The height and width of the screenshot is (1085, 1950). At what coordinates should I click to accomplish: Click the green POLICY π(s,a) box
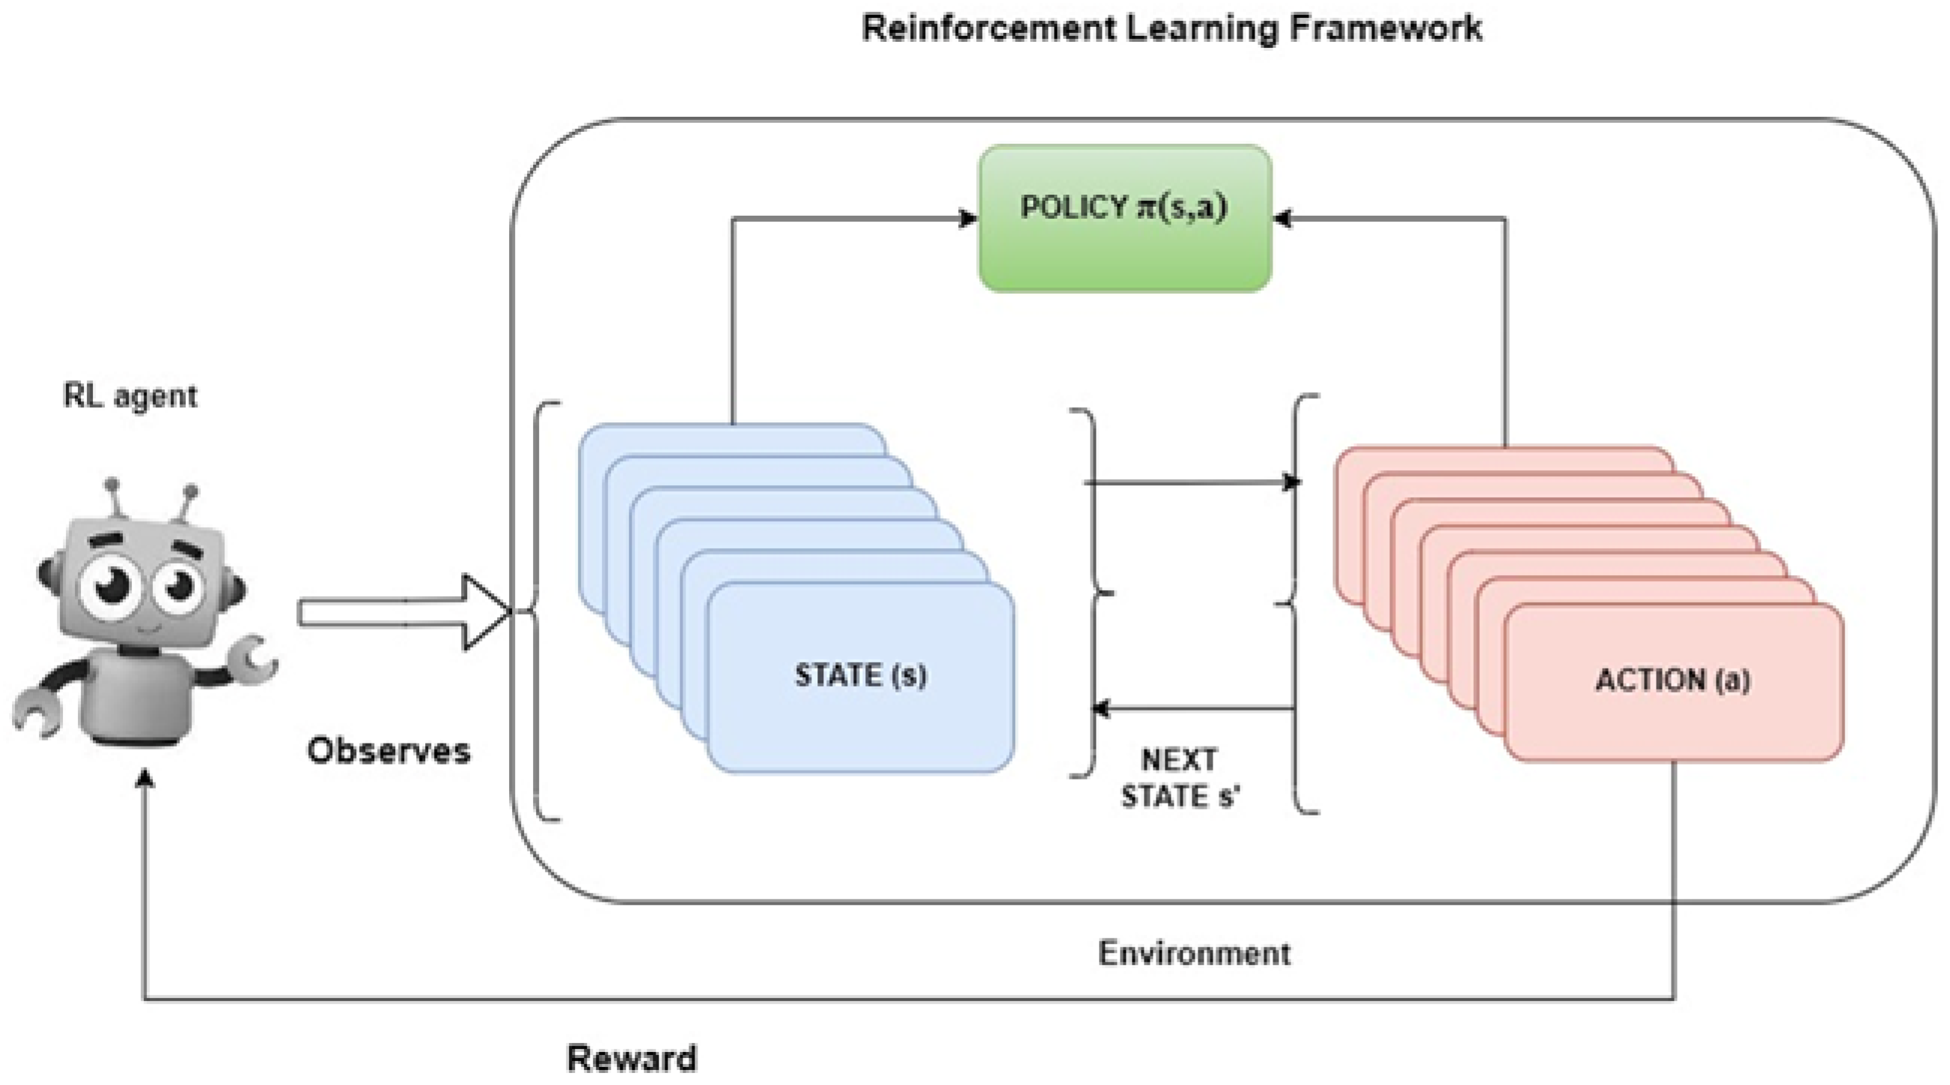[x=1125, y=218]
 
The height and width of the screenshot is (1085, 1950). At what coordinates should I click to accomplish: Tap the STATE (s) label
[x=861, y=675]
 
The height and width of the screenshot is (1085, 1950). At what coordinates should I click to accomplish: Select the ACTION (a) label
[x=1672, y=680]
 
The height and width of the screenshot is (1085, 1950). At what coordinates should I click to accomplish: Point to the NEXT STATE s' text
[x=1180, y=778]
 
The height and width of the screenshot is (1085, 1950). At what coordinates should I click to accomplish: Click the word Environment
[x=1194, y=953]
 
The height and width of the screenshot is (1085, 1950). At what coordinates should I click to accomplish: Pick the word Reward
[x=631, y=1058]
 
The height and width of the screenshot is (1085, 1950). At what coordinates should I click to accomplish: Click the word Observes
[x=389, y=750]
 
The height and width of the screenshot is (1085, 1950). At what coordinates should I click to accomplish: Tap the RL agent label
[x=130, y=396]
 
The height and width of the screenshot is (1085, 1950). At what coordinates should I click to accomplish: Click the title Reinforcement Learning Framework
[x=1171, y=28]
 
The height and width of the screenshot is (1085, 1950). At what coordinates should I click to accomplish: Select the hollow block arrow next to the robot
[x=404, y=612]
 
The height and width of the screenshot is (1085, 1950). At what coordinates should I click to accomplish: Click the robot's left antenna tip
[x=113, y=483]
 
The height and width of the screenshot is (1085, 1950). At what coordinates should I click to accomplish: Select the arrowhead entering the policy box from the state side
[x=967, y=219]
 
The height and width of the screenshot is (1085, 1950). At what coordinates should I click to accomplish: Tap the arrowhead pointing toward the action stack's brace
[x=1291, y=482]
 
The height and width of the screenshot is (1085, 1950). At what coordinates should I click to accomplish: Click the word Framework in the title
[x=1386, y=28]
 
